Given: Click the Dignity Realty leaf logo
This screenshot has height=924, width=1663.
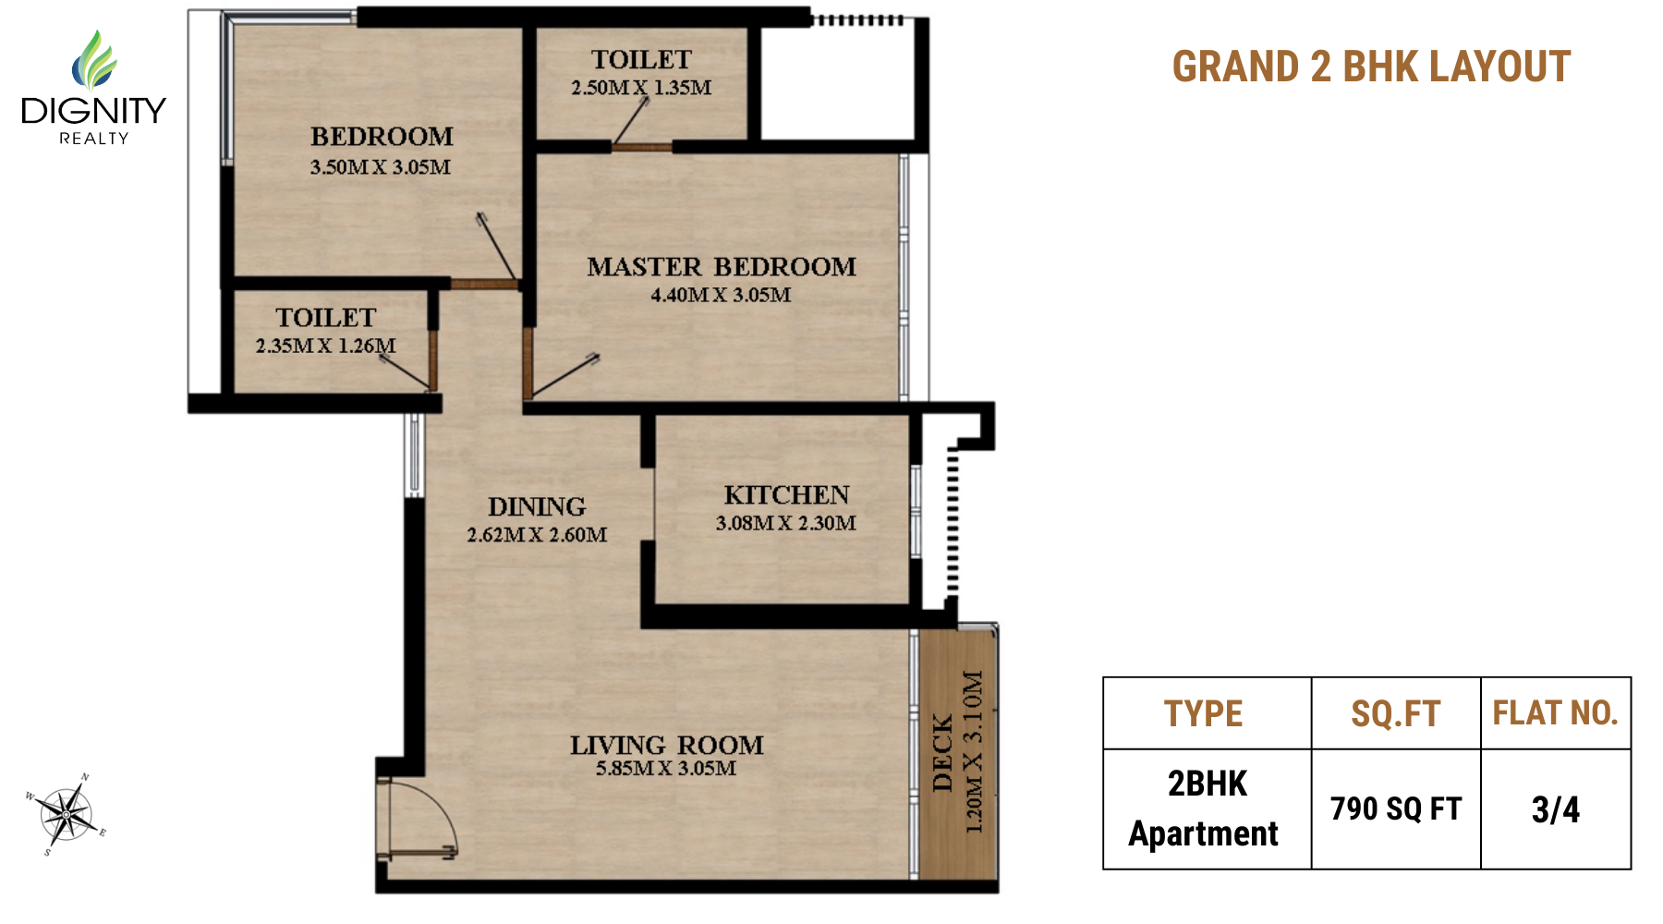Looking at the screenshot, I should coord(94,60).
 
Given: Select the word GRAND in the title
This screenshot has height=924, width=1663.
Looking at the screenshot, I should coord(1235,67).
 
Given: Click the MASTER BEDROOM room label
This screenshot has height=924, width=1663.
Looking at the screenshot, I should coord(722,267).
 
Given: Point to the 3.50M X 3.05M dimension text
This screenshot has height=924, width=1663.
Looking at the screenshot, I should coord(381,167).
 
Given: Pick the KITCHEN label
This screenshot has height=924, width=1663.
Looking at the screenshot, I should coord(786,495).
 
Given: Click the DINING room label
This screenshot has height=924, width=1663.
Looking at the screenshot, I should coord(537,506).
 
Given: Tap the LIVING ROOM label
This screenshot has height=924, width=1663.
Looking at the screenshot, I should coord(666,745).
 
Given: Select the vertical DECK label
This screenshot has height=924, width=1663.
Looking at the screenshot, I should coord(942,753).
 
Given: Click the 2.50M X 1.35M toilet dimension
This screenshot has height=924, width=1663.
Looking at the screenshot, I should coord(641,88).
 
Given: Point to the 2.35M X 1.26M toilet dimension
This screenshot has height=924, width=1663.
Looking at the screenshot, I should coord(325,346).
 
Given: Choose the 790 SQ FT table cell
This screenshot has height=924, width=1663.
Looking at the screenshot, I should coord(1396,809).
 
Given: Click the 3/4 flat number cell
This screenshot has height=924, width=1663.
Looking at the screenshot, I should coord(1556,809).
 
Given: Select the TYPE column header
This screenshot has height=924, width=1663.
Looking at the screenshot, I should coord(1203,713).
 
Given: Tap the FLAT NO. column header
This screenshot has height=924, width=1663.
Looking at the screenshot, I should coord(1556,712).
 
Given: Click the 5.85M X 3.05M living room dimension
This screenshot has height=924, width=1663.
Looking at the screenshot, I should coord(666,769).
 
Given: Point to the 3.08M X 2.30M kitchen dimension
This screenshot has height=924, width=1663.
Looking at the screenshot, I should coord(786,523).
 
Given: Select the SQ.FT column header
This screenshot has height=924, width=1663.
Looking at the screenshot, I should coord(1396,713).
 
